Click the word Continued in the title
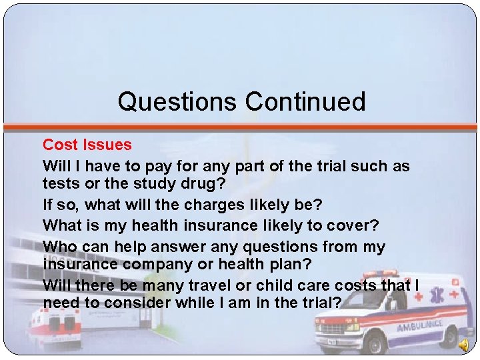pos(305,102)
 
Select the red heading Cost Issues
pos(87,145)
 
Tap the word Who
pos(61,247)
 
